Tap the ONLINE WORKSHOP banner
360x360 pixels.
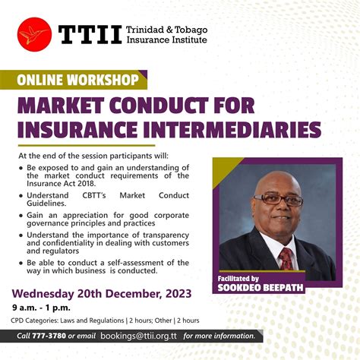tap(80, 79)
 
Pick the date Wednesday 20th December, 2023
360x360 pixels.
tap(101, 294)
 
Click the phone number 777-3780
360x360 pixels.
tap(49, 336)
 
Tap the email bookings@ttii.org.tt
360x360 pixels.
tap(140, 336)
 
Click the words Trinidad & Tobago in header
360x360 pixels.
tap(167, 29)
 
